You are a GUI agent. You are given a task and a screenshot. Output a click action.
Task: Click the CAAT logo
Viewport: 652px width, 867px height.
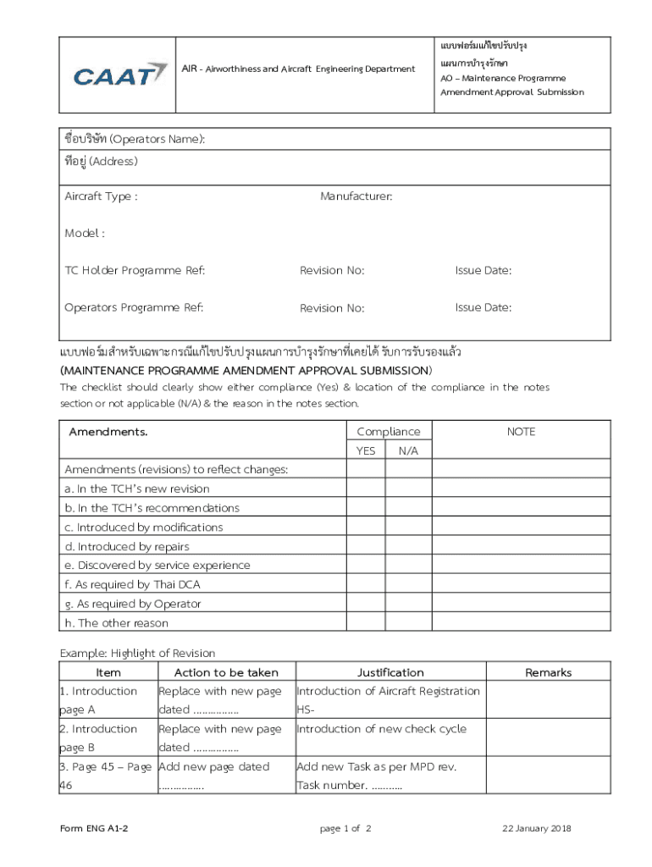click(x=119, y=75)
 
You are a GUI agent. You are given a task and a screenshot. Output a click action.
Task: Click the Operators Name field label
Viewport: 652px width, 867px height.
click(x=135, y=139)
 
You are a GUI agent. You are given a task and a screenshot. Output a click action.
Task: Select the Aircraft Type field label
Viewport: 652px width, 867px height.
click(x=101, y=196)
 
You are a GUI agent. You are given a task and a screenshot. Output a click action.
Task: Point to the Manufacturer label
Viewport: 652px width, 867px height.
click(x=356, y=196)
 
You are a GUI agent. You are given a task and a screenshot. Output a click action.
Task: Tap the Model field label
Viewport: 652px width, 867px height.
click(x=85, y=233)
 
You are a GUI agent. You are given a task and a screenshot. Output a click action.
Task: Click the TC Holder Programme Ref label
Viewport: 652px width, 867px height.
click(x=135, y=270)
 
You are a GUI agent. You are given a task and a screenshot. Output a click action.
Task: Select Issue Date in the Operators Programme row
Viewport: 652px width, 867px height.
click(x=483, y=307)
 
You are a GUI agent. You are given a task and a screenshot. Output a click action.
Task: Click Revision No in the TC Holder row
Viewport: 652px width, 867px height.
click(x=332, y=270)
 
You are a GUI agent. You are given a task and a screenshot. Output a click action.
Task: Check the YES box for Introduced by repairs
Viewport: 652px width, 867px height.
click(x=365, y=546)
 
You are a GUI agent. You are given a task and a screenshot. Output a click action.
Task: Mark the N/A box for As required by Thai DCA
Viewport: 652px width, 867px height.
click(x=408, y=584)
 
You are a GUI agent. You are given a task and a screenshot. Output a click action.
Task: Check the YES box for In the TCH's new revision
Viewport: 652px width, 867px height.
click(x=365, y=489)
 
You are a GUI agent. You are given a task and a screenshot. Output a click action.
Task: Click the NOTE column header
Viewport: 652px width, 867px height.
click(x=521, y=432)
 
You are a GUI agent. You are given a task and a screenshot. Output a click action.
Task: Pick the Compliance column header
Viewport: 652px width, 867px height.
click(x=388, y=432)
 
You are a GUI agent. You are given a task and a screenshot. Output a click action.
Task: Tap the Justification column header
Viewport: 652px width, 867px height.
click(x=390, y=672)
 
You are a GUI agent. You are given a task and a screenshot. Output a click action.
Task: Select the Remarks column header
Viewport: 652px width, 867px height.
click(x=548, y=672)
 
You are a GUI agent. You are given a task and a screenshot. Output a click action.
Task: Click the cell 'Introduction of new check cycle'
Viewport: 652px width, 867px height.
click(x=381, y=729)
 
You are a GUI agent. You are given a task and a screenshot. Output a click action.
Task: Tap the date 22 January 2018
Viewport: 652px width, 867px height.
click(x=537, y=828)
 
